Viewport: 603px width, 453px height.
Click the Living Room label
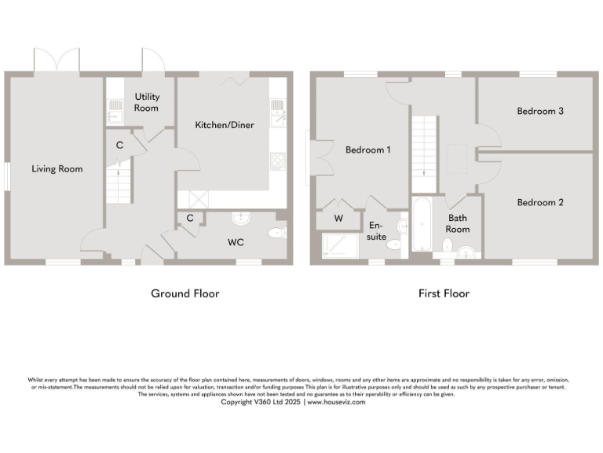coord(57,168)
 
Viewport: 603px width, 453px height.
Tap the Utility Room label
coord(147,102)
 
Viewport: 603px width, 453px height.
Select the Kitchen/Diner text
coord(225,125)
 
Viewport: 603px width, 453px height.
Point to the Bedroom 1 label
coord(368,150)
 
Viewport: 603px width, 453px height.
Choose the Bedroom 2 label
coord(540,202)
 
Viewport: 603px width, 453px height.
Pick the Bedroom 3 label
coord(540,111)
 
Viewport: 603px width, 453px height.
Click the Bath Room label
coord(458,223)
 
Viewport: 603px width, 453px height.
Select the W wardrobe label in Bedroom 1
coord(338,218)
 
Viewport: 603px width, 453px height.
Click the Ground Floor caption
coord(185,293)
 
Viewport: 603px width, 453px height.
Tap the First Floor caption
coord(443,293)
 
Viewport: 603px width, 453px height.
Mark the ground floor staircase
coord(115,182)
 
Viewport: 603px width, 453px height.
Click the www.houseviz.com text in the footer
coord(336,402)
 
